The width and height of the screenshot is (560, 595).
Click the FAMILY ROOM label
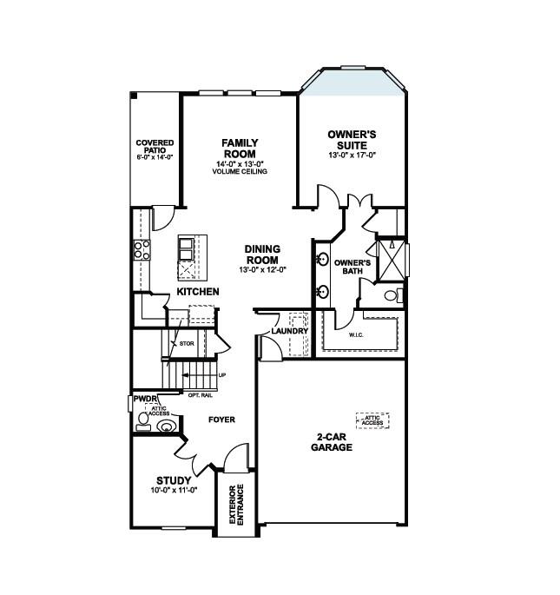coord(239,148)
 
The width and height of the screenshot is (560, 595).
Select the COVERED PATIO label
coord(155,147)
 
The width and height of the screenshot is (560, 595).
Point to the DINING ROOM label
coord(261,254)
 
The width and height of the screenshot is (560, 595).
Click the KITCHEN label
coord(198,292)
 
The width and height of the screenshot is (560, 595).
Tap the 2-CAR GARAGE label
coord(331,442)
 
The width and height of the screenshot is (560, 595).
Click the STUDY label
coord(174,480)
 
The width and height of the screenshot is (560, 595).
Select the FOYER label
coord(221,420)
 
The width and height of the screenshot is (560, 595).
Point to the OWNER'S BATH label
coord(352,267)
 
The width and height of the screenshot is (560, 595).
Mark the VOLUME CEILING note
coord(239,172)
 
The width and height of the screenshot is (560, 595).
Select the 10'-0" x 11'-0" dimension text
coord(174,491)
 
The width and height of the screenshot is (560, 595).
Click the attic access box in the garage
coord(372,420)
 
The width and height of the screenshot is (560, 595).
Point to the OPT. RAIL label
coord(199,395)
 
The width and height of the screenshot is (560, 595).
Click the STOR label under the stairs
coord(185,344)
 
